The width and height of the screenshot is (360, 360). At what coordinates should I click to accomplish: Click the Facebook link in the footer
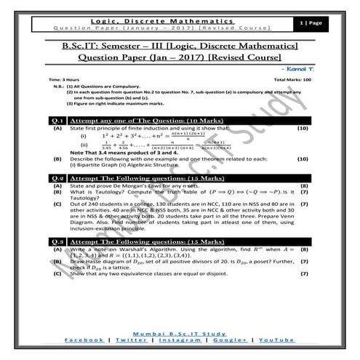click(x=85, y=340)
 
